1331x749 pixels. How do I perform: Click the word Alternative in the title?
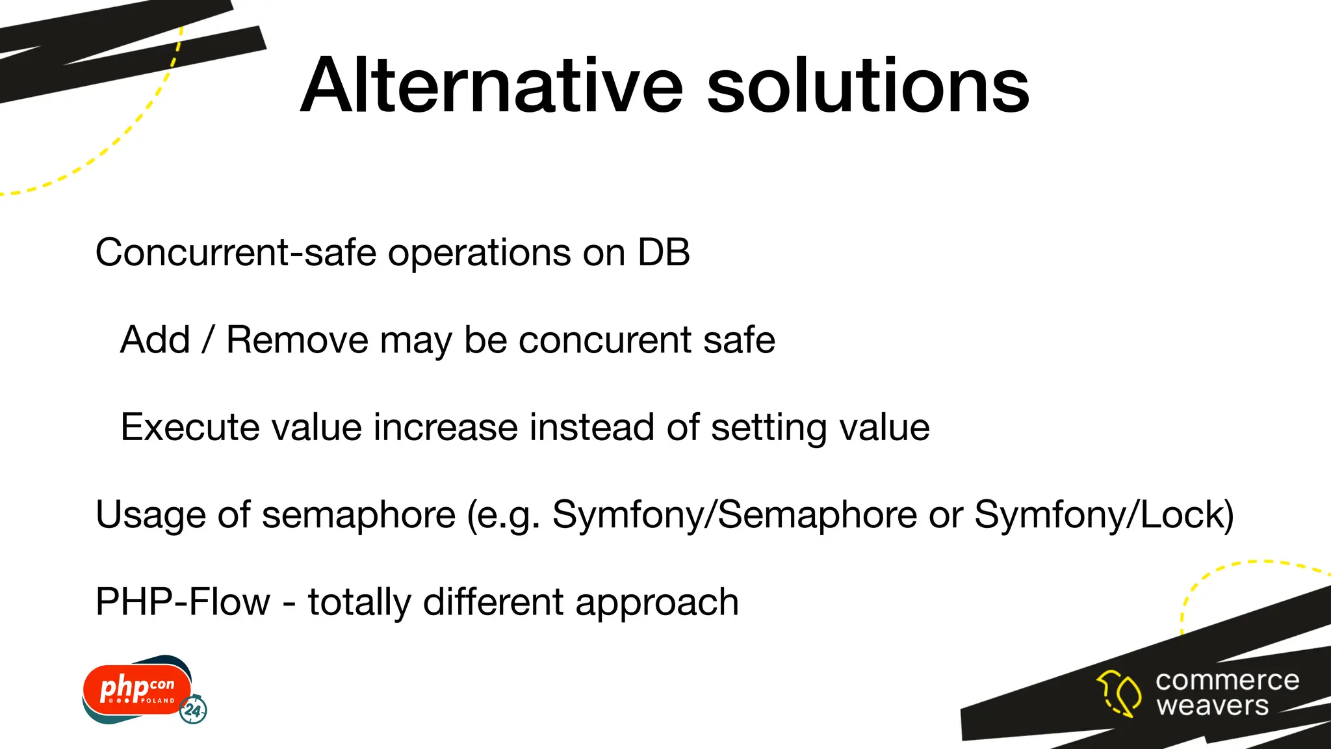click(491, 86)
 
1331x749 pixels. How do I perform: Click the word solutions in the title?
click(868, 86)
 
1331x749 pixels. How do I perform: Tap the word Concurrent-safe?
click(235, 252)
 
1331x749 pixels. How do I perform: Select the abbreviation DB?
click(664, 252)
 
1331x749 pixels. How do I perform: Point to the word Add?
click(155, 340)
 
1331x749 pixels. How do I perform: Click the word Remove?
click(297, 340)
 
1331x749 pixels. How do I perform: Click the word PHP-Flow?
click(182, 602)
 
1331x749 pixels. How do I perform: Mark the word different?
click(493, 602)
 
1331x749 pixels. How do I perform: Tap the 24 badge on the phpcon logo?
click(194, 710)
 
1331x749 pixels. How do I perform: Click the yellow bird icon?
click(1119, 693)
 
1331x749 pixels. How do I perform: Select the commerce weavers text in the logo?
click(1226, 693)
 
